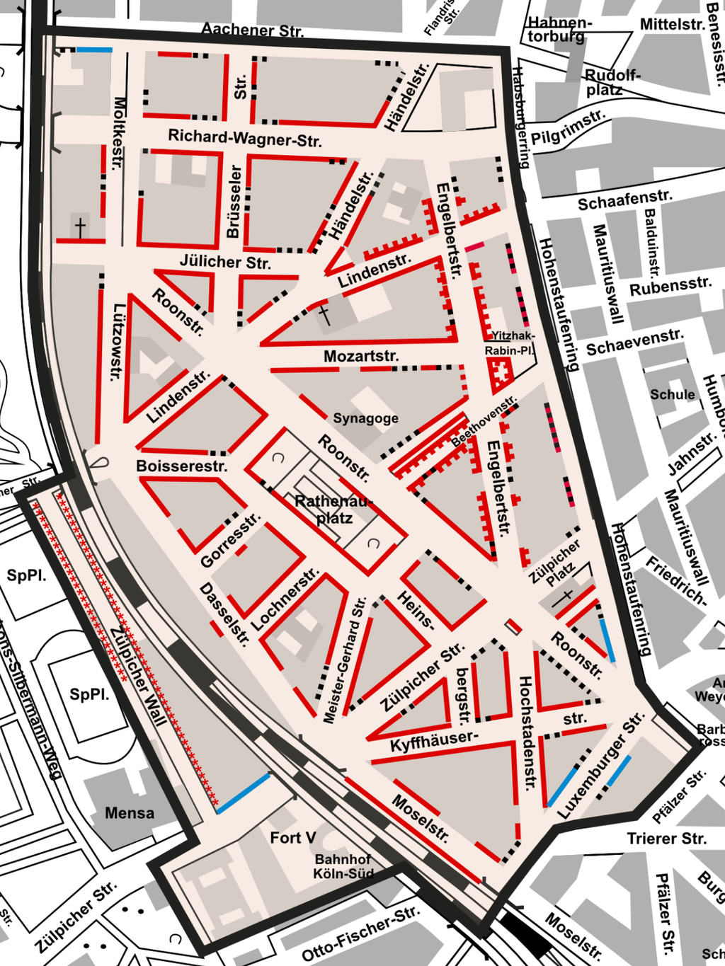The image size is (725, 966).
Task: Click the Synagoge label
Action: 365,418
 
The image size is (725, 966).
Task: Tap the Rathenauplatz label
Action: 333,510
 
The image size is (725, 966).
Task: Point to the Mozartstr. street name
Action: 361,356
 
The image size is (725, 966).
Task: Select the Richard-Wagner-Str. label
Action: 245,138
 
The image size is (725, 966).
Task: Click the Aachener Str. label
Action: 252,30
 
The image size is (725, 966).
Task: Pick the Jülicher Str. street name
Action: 225,262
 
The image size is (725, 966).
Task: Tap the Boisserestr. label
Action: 182,466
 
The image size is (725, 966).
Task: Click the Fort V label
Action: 292,838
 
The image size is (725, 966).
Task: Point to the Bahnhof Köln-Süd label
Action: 343,866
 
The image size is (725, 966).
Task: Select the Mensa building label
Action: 130,813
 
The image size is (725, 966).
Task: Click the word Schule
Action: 673,394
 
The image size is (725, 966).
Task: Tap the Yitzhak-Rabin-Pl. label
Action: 510,343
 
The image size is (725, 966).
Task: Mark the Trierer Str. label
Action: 666,839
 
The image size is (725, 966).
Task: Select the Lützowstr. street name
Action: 119,343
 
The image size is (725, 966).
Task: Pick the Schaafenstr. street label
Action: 624,201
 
